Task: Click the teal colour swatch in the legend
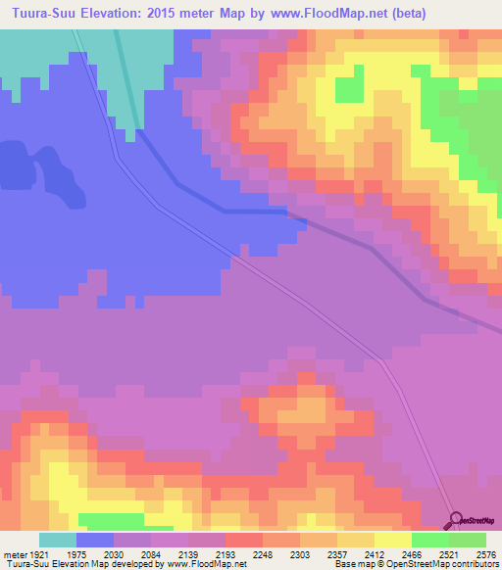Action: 57,540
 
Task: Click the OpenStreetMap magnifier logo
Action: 455,519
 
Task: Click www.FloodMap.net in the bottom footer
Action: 205,565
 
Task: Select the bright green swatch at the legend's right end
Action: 468,540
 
